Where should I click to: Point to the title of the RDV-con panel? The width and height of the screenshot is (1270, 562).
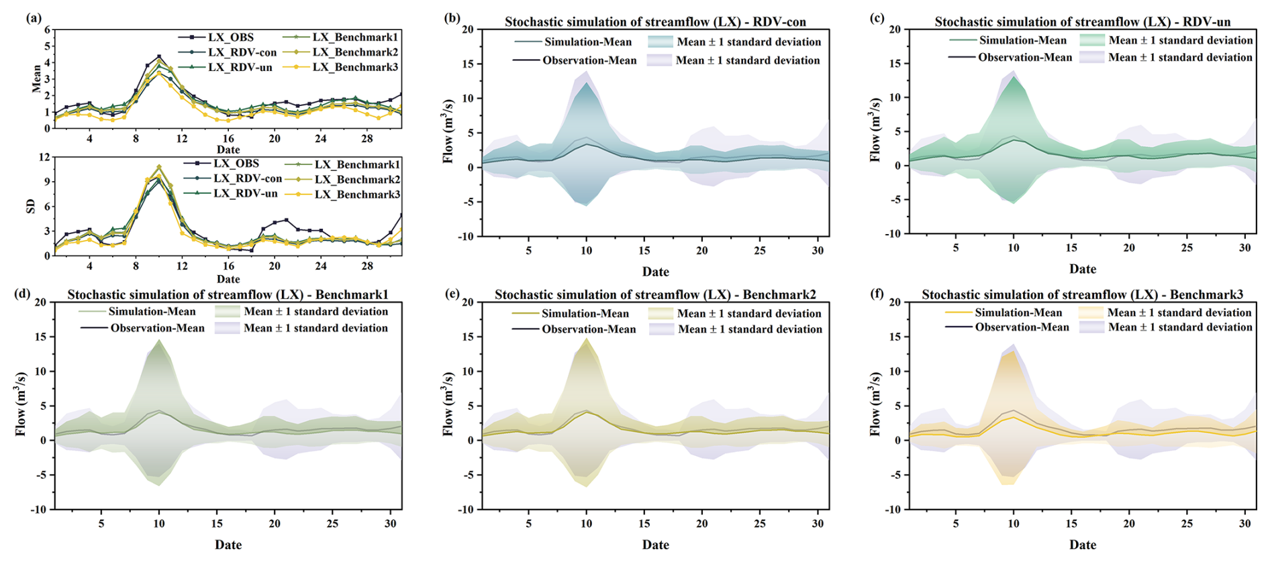655,21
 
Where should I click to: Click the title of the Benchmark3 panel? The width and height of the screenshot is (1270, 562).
1082,294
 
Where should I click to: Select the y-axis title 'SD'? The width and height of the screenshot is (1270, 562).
30,206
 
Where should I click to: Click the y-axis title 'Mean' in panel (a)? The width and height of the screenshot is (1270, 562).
36,78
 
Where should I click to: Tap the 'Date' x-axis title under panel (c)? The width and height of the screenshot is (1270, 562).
1082,269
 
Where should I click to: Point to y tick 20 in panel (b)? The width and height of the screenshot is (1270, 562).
467,30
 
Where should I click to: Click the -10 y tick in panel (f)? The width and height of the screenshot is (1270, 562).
894,509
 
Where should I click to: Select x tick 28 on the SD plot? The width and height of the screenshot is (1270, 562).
367,266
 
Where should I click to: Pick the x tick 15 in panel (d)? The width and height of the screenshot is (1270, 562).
217,523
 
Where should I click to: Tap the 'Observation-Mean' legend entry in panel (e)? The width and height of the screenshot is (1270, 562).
589,329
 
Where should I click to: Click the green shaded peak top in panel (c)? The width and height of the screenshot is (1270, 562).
1014,78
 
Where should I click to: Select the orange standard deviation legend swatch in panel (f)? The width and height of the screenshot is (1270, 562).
1091,313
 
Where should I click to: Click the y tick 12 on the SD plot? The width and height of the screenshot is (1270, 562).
45,157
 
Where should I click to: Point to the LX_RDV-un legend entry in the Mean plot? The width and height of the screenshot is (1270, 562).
240,67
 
